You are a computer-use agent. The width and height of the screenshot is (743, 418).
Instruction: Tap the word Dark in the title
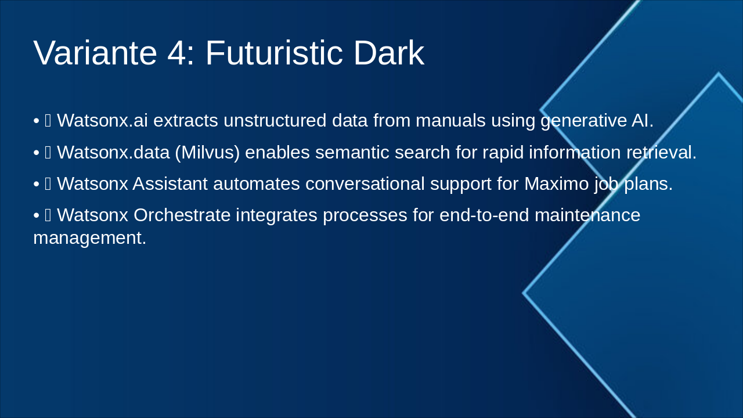pos(388,53)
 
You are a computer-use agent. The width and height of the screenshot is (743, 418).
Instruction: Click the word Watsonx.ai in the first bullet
pos(102,121)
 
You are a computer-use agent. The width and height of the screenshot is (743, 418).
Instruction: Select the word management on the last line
pos(89,237)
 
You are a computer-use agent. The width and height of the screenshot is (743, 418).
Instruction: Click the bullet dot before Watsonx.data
pos(36,153)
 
